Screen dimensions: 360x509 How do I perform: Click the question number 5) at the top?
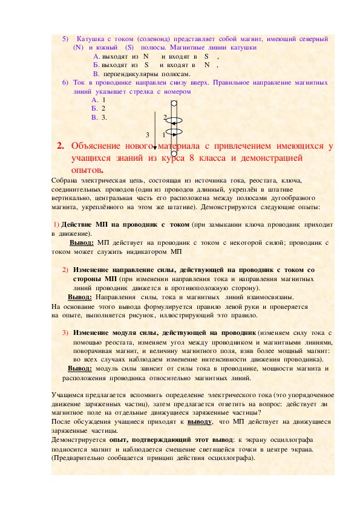tap(65, 38)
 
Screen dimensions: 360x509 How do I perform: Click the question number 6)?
tap(65, 82)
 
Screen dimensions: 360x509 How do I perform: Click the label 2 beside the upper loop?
tap(164, 117)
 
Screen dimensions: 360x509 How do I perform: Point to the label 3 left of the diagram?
tap(147, 134)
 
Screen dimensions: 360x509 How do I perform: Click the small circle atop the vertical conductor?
tap(173, 102)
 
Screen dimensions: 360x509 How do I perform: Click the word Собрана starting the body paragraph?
tap(65, 180)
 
